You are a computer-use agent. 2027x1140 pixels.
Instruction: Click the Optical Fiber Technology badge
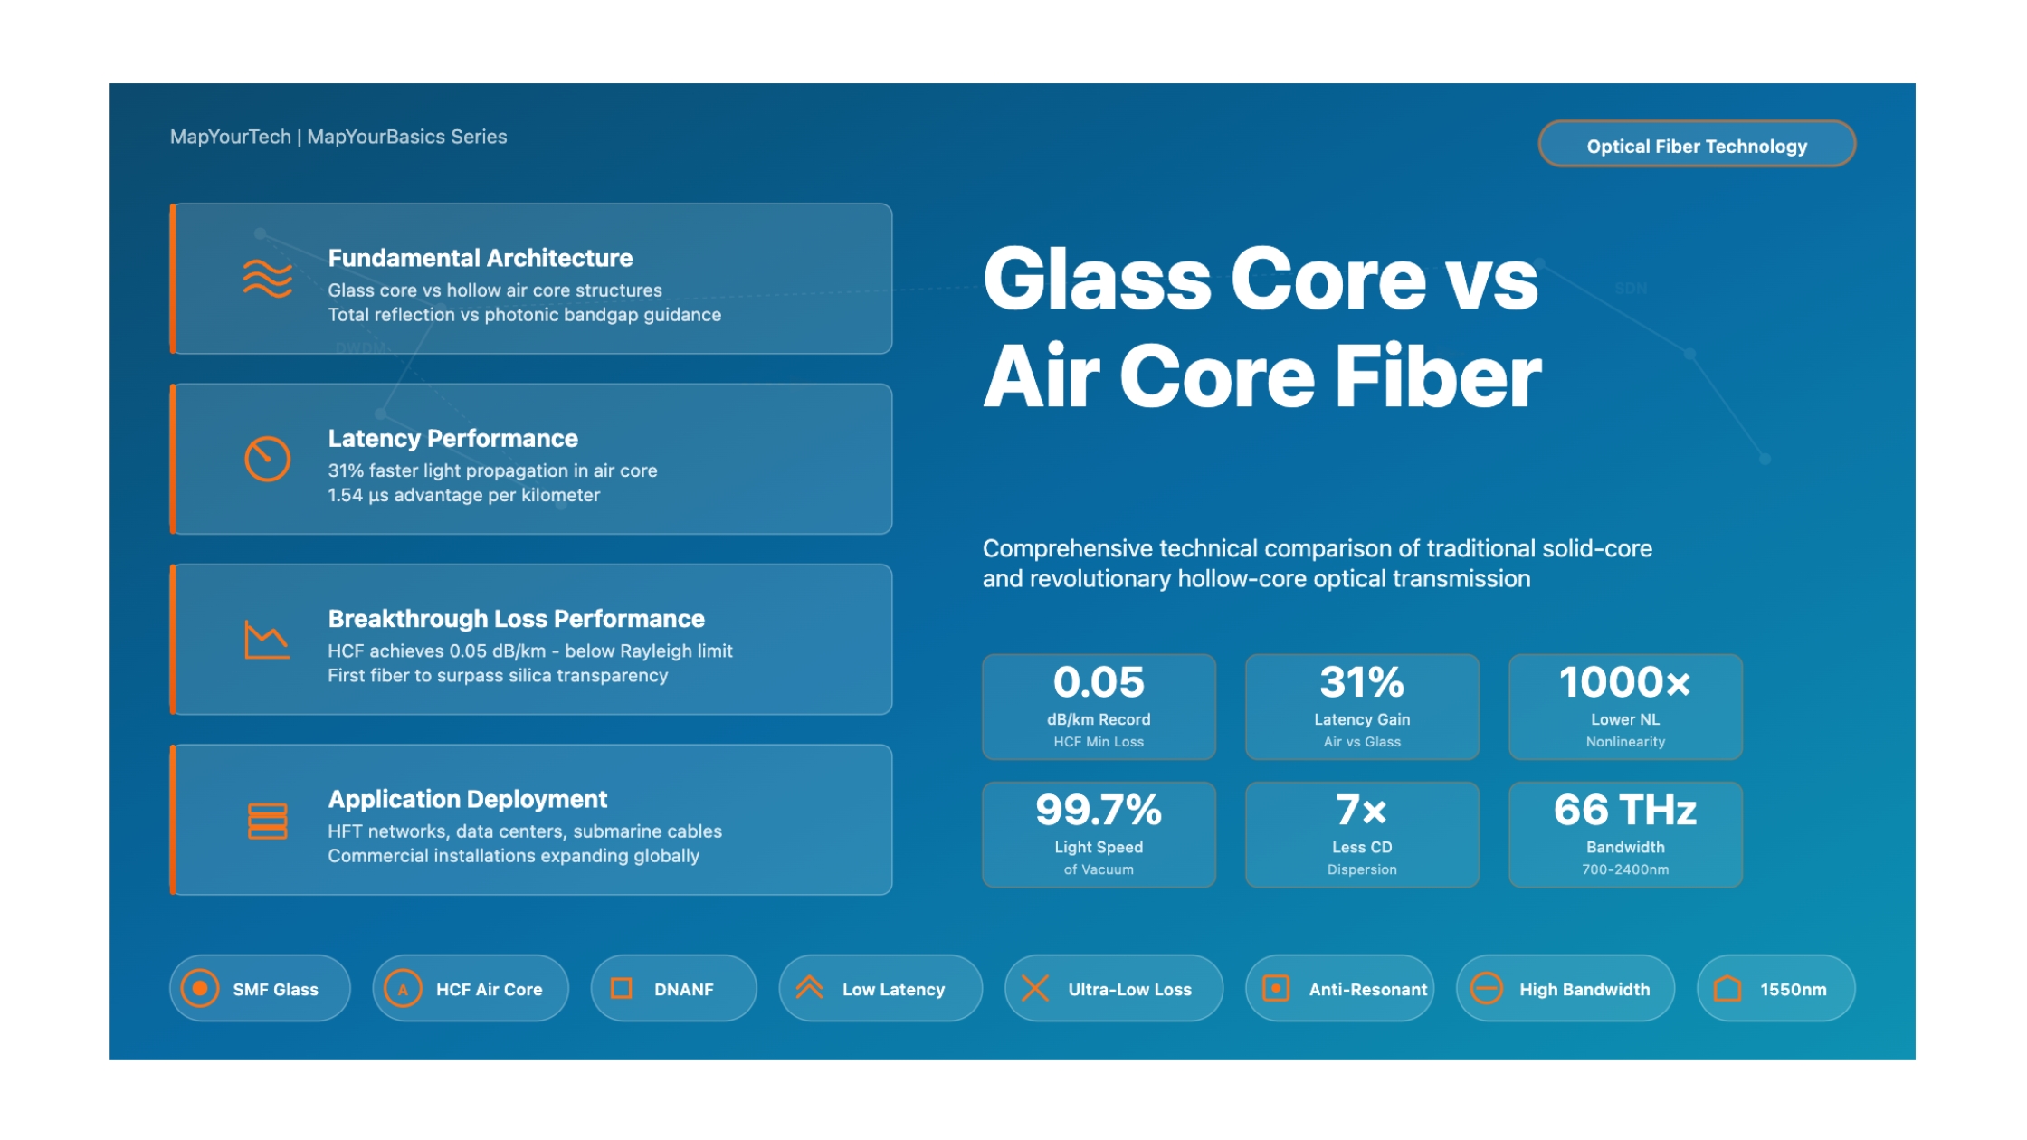click(1696, 145)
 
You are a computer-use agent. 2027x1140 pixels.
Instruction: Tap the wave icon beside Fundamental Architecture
click(267, 278)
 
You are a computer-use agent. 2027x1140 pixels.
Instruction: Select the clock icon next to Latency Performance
click(267, 459)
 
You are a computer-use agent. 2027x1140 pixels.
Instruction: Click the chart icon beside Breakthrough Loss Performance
click(267, 640)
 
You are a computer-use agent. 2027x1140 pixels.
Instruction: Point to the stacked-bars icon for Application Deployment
click(267, 821)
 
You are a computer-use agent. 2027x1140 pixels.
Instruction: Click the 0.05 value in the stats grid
click(1099, 682)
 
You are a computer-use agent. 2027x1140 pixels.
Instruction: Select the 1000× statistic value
click(1624, 682)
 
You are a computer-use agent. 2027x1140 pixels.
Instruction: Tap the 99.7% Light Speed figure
click(1099, 810)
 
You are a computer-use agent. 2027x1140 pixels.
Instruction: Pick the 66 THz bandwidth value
click(1624, 810)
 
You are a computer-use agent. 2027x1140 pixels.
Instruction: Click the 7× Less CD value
click(1361, 810)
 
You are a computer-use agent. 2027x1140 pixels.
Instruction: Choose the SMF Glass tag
click(260, 989)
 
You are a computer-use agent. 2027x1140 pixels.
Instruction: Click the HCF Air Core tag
click(471, 989)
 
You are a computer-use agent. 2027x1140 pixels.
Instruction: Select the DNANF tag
click(673, 989)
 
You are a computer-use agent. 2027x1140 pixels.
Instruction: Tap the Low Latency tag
click(880, 989)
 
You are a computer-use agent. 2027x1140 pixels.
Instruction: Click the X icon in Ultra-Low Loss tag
click(1035, 989)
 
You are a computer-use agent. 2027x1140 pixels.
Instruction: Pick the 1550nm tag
click(1775, 989)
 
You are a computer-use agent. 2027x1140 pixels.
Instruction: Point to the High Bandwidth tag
click(1565, 989)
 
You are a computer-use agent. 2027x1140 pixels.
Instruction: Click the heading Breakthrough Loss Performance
click(516, 619)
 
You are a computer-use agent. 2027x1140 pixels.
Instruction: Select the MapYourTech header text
click(231, 137)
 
